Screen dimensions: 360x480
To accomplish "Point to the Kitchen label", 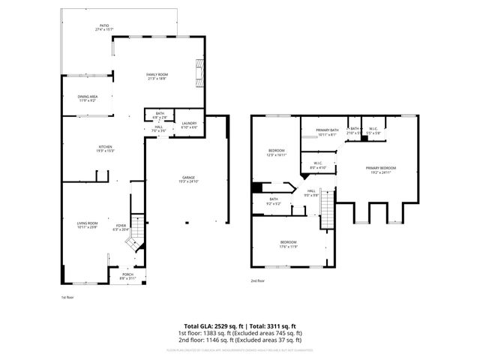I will point(105,148).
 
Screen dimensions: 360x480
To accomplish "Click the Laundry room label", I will point(189,124).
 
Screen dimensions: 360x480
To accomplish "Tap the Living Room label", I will point(88,225).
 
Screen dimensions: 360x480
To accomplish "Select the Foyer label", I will point(120,228).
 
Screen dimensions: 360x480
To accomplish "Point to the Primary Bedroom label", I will point(381,169).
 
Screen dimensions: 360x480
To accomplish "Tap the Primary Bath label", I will point(327,132).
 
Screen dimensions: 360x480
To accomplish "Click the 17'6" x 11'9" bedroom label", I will point(289,244).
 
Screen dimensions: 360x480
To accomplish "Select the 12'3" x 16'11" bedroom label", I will point(276,152).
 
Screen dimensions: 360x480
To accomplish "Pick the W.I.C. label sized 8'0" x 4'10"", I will point(318,166).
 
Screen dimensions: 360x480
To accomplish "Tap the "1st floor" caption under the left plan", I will point(67,297).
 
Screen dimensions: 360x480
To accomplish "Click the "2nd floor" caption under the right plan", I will point(257,280).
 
